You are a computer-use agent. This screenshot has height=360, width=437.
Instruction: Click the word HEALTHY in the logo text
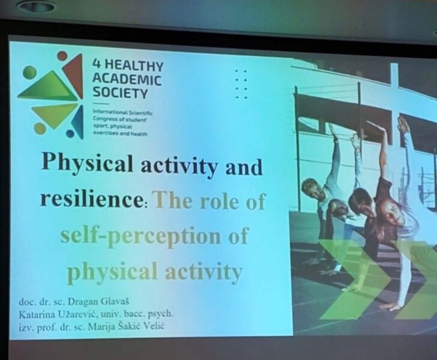(x=134, y=66)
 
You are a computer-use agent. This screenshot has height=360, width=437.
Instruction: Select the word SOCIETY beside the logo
(x=120, y=92)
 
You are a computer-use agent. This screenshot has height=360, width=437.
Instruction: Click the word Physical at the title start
(x=87, y=164)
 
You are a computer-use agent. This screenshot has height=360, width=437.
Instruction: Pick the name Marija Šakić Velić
(x=126, y=326)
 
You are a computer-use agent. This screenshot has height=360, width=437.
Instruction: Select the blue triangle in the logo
(x=78, y=122)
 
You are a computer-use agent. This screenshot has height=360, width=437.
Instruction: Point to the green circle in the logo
(x=30, y=73)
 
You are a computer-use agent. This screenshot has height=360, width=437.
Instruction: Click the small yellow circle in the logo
(x=40, y=129)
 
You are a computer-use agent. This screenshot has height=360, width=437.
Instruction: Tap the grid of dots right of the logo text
(x=241, y=84)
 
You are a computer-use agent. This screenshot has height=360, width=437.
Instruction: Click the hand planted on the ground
(x=393, y=307)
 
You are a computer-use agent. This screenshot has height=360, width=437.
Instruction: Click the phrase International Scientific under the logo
(x=123, y=112)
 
